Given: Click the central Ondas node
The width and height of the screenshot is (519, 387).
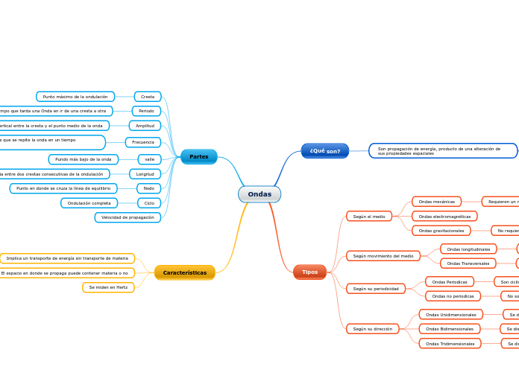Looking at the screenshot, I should [x=259, y=194].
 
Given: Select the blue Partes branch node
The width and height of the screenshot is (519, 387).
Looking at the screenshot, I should [x=198, y=156].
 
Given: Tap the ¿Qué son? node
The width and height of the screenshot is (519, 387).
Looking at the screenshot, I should [x=324, y=150].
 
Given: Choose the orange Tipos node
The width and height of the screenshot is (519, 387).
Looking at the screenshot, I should [x=309, y=272].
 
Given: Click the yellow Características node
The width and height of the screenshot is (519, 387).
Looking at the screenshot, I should [x=184, y=272].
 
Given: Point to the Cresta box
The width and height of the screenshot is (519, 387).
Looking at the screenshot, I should [x=148, y=97].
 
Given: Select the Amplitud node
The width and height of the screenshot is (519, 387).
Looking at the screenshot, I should [x=145, y=126].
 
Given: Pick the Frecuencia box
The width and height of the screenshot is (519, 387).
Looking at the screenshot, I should [x=142, y=141].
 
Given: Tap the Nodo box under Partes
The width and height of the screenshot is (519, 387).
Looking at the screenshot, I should [x=148, y=188].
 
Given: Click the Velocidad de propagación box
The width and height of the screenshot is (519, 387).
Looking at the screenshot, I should [x=128, y=217].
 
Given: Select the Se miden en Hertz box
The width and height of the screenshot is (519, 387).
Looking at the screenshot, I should [x=108, y=287].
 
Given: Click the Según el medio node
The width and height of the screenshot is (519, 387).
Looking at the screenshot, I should [x=369, y=217].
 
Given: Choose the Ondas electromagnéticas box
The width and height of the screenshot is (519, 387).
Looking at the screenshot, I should [x=444, y=217].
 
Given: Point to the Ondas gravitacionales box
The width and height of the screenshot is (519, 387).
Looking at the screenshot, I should [x=441, y=231].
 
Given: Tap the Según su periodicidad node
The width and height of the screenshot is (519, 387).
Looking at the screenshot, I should [x=375, y=288].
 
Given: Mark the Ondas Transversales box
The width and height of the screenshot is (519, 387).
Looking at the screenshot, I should [x=468, y=263].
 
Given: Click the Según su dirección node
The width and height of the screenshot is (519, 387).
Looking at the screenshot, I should [x=373, y=328].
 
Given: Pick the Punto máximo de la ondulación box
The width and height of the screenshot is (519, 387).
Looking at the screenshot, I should [x=75, y=97].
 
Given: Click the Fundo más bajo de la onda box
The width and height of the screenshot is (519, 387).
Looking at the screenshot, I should [x=83, y=159].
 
